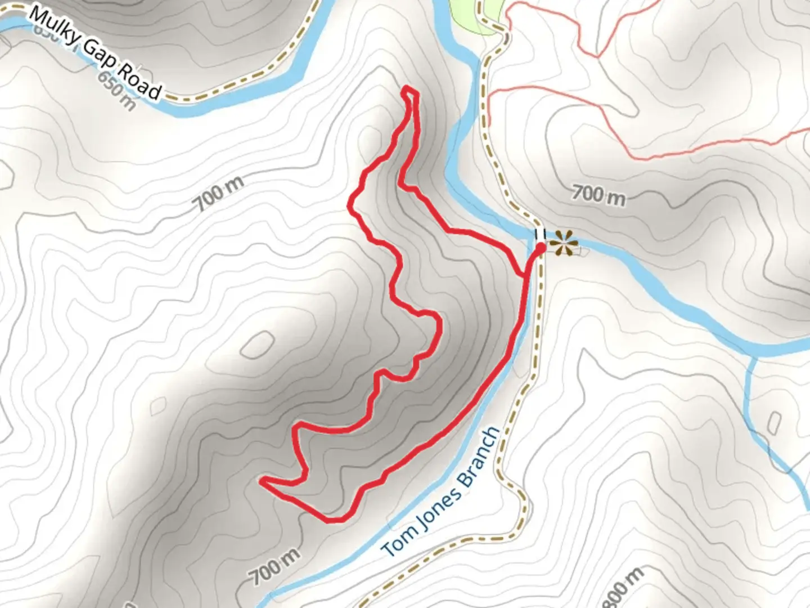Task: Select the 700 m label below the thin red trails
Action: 598,195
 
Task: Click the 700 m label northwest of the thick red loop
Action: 220,193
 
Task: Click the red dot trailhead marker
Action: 540,248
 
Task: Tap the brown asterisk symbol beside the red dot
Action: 564,244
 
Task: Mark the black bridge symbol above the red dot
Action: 540,233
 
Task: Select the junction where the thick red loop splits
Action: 526,276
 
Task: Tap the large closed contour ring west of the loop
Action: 258,345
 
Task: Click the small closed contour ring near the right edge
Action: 775,423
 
